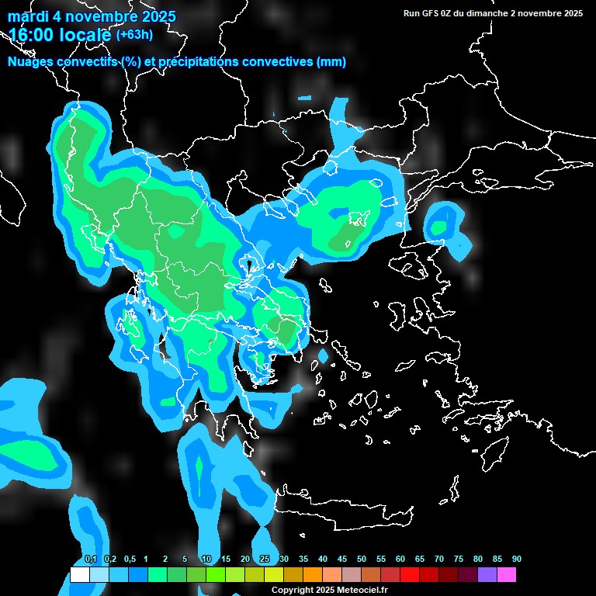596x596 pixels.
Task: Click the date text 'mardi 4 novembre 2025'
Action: click(x=92, y=16)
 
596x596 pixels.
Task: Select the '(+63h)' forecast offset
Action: click(x=134, y=34)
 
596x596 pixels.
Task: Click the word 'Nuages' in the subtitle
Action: click(x=31, y=62)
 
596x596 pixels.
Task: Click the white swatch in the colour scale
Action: click(x=79, y=575)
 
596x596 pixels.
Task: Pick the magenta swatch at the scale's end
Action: click(x=507, y=575)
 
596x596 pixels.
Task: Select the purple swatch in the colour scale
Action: click(x=487, y=575)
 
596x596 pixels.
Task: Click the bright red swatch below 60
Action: click(x=410, y=575)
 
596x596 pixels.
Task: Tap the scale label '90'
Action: click(x=517, y=560)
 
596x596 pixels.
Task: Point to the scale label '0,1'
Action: click(x=91, y=560)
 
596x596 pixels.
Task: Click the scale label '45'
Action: click(x=342, y=560)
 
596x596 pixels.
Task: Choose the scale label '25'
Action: click(x=265, y=560)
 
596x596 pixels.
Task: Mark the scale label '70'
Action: click(x=439, y=560)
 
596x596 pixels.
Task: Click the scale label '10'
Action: click(x=206, y=560)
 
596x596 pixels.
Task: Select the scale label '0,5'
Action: click(x=129, y=560)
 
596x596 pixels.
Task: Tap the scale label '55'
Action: click(x=381, y=560)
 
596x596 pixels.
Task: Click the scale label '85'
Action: click(x=497, y=560)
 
